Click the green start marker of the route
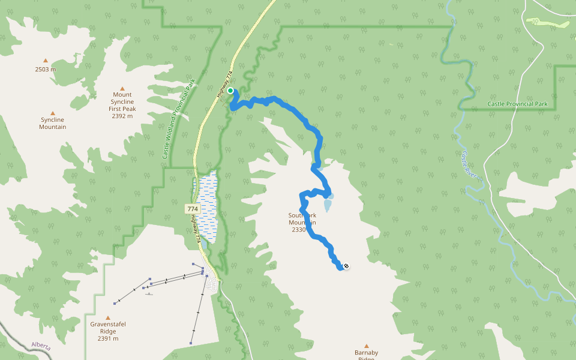point(230,91)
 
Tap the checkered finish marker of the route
point(346,266)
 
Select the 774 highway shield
point(192,209)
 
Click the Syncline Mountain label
point(52,124)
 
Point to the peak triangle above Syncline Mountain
point(52,113)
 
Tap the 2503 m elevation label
point(45,69)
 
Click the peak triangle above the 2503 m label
point(45,60)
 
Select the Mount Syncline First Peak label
point(122,101)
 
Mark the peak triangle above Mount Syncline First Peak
point(122,88)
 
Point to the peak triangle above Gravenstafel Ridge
point(108,318)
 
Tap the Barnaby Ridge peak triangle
point(366,346)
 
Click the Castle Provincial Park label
point(517,104)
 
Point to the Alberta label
point(41,346)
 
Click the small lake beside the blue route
point(328,205)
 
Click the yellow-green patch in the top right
point(547,23)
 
